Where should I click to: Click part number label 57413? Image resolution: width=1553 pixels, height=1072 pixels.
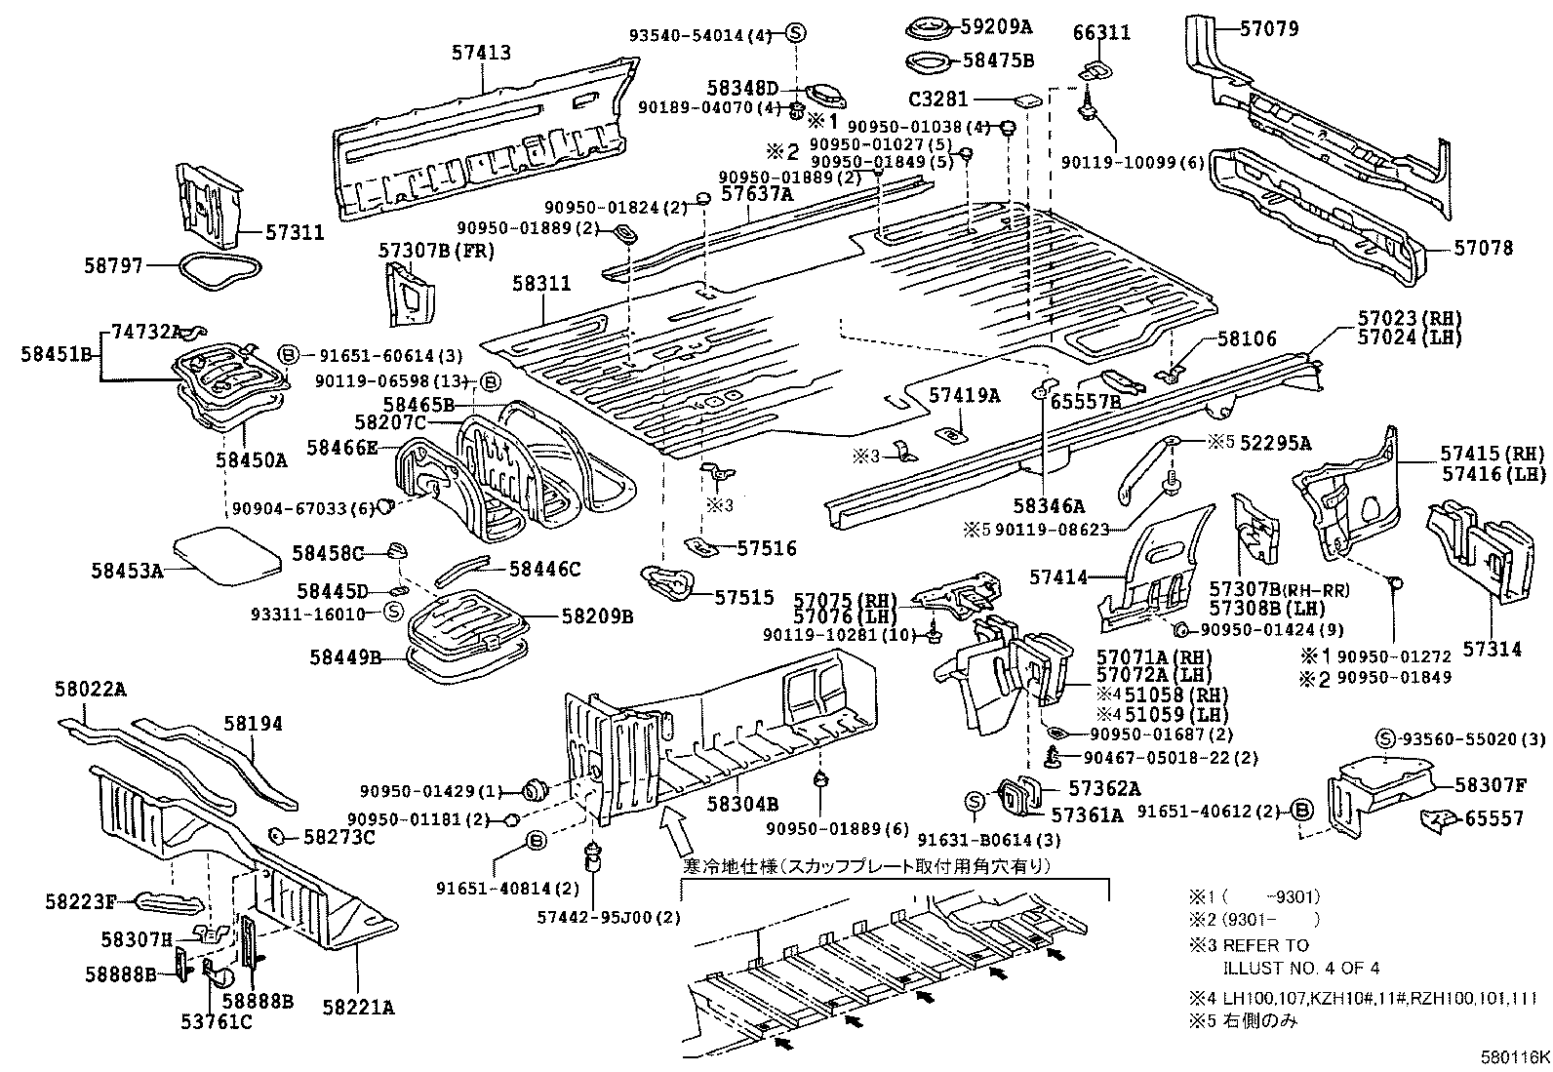(481, 54)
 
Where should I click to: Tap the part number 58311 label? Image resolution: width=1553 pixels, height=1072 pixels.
(541, 284)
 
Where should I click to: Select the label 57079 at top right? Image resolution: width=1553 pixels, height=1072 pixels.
(1269, 29)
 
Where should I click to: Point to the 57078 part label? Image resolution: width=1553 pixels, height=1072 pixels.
(1484, 249)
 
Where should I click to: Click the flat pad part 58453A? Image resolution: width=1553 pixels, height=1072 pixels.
(226, 555)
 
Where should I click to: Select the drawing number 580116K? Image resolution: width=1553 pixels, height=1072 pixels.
(1511, 1057)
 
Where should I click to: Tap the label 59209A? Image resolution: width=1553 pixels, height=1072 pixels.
(998, 29)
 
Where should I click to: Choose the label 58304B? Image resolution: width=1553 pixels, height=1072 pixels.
(742, 804)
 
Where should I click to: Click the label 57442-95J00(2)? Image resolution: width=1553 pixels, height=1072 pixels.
(609, 918)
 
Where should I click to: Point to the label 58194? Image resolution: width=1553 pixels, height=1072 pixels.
(253, 724)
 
